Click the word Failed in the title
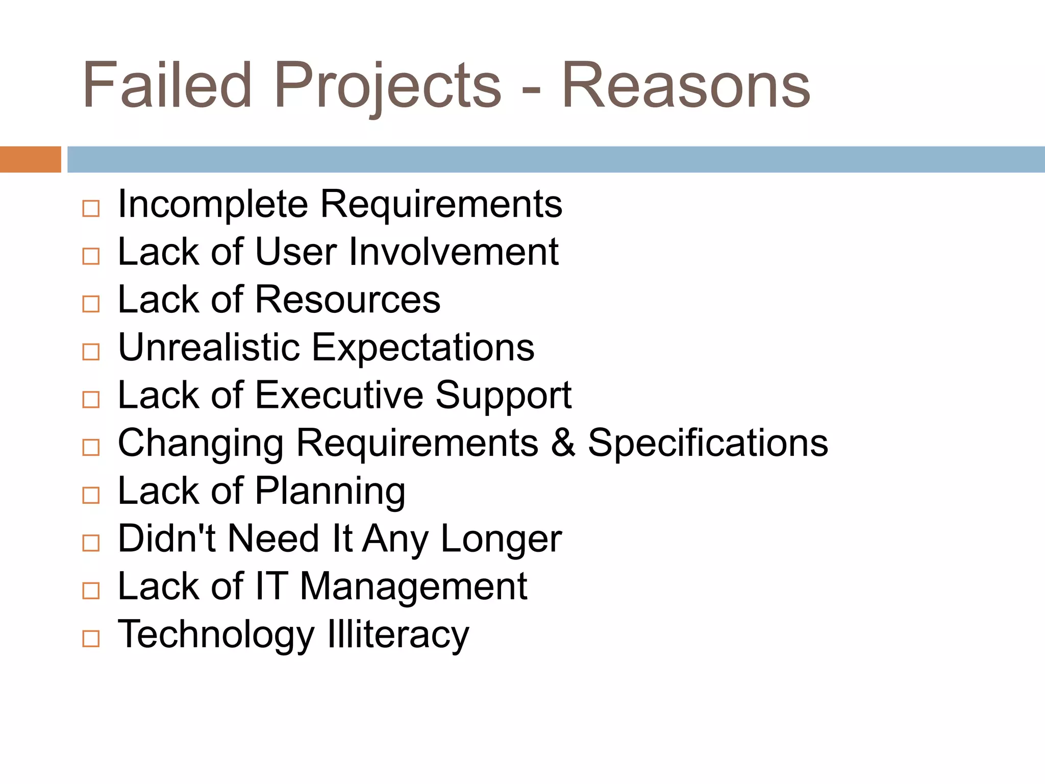pos(167,85)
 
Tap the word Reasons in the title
pos(685,85)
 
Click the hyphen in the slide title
pos(531,90)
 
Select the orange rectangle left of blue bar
pos(30,159)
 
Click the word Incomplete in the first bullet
pos(213,205)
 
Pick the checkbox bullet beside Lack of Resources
pos(91,304)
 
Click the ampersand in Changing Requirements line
pos(563,443)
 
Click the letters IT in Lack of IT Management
pos(271,586)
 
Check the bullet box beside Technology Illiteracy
pos(91,639)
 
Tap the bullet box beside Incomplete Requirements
pos(91,208)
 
